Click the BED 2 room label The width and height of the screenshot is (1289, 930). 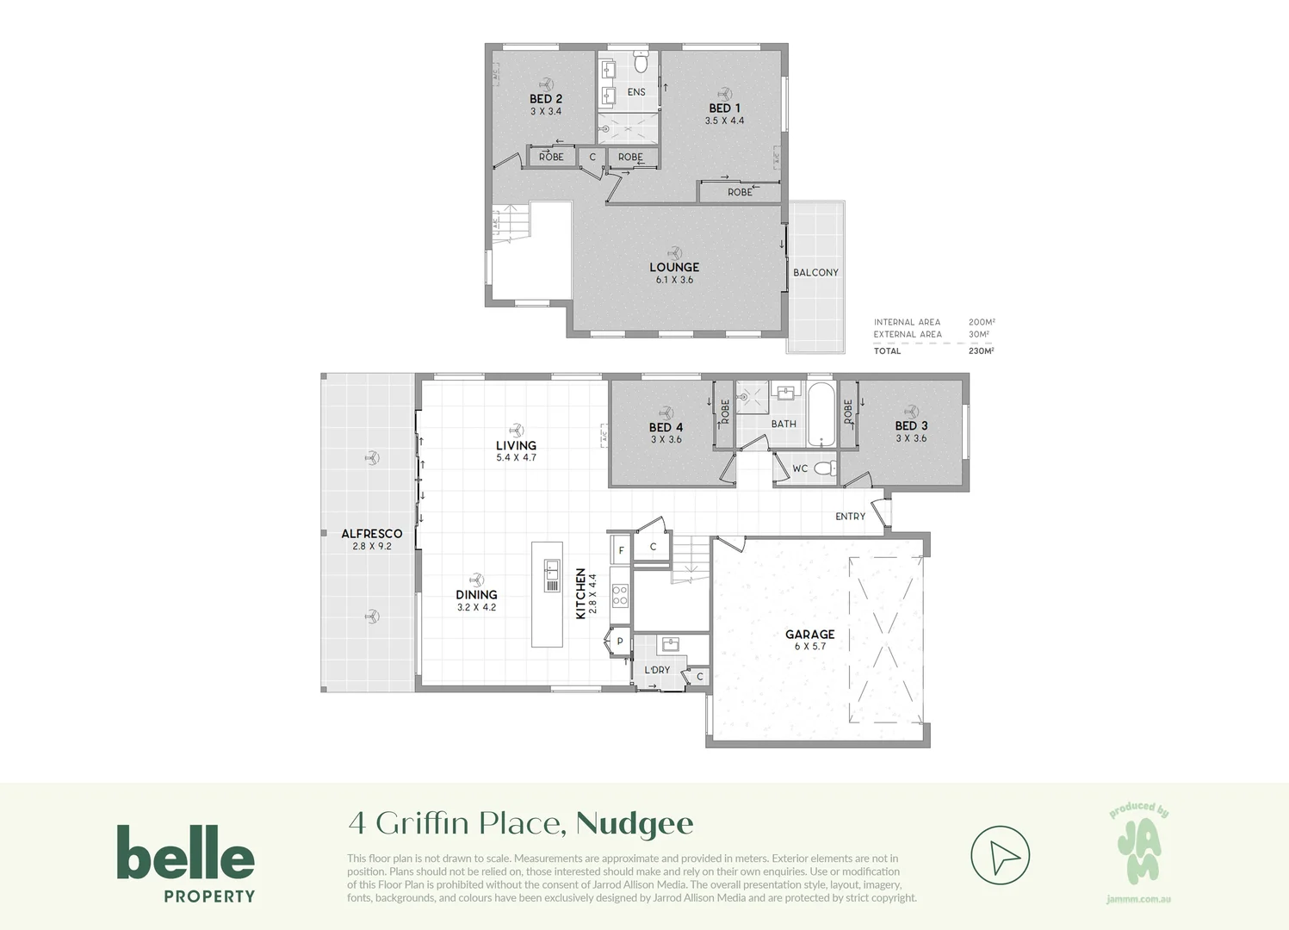pos(546,99)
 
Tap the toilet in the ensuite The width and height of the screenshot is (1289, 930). pos(640,63)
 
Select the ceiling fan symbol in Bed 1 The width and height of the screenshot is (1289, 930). pos(724,93)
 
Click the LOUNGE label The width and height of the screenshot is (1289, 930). pos(674,267)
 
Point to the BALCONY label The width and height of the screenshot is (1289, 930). pos(815,272)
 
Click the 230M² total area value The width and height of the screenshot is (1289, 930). pos(981,350)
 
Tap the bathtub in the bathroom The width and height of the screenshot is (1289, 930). pos(821,414)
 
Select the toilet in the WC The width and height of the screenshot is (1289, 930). pos(825,468)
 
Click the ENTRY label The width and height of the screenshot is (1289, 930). pos(850,517)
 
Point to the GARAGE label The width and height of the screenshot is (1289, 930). pos(809,635)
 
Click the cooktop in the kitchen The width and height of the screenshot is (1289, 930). pos(620,595)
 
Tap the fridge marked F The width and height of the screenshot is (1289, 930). pos(621,550)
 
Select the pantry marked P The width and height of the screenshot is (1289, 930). pos(619,642)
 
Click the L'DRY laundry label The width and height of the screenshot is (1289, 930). pos(657,670)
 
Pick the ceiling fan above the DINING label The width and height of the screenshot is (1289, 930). pos(476,580)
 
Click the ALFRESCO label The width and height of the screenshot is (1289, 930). pos(371,534)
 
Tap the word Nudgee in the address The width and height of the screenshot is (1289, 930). pos(635,823)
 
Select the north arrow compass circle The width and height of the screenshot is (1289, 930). pos(1000,856)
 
